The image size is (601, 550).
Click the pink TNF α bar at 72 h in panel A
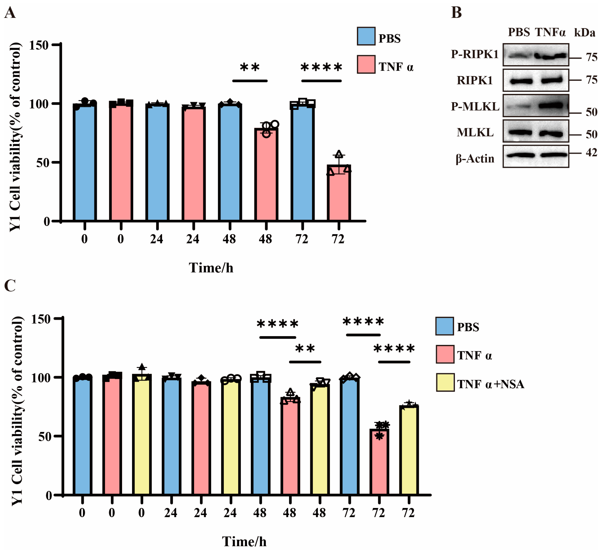pyautogui.click(x=339, y=194)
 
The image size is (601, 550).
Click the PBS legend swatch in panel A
pyautogui.click(x=366, y=36)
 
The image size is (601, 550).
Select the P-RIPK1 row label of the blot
pyautogui.click(x=475, y=54)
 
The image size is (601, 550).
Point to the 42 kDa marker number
pyautogui.click(x=591, y=153)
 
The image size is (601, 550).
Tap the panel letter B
pyautogui.click(x=456, y=13)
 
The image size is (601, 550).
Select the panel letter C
pyautogui.click(x=10, y=286)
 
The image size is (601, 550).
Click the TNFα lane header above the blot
pyautogui.click(x=550, y=32)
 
